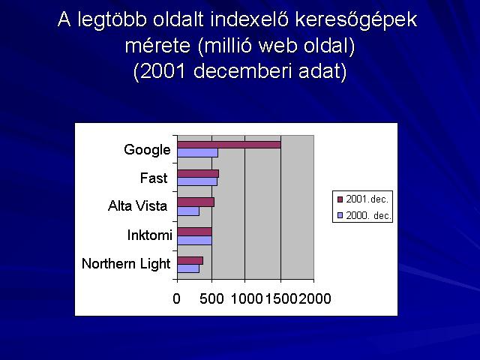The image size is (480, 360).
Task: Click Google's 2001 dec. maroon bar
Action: (x=229, y=145)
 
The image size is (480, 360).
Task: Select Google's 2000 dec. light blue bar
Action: (x=198, y=153)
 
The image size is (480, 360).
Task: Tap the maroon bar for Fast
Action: (x=198, y=173)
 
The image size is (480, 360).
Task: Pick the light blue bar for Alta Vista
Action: (x=188, y=211)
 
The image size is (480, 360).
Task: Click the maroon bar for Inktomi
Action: (x=195, y=232)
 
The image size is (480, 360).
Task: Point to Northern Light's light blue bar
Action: (x=188, y=268)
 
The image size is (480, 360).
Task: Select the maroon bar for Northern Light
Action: (x=190, y=260)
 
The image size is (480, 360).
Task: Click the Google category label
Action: (x=147, y=150)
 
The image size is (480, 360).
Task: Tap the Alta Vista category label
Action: (x=137, y=205)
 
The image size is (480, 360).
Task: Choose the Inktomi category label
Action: (x=150, y=235)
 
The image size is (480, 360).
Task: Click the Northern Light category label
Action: (x=126, y=263)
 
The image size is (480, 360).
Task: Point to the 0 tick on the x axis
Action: (x=177, y=298)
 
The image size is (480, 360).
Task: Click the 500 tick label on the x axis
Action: (x=211, y=298)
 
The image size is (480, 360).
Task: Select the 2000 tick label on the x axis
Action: (x=315, y=298)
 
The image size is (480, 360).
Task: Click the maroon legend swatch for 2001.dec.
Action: (x=340, y=199)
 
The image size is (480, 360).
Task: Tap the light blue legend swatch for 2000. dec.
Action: (x=340, y=215)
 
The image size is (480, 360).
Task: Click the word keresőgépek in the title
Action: (x=356, y=20)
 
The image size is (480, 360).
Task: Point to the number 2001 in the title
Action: (x=163, y=71)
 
